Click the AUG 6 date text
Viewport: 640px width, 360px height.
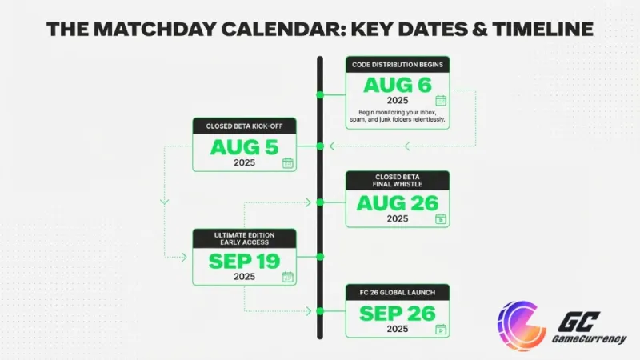397,86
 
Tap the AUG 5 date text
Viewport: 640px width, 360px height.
244,147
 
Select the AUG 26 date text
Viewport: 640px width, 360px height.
397,203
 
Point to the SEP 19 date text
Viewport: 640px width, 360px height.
244,261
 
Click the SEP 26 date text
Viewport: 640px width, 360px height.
397,314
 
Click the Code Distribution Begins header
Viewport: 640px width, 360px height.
397,63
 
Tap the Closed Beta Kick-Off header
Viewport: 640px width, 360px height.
244,126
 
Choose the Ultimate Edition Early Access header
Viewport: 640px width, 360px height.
244,238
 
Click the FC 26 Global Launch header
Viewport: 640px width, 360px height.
397,292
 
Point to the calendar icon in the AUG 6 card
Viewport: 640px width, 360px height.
440,101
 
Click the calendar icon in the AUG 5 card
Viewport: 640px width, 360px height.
287,163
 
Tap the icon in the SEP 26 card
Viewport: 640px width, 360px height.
440,329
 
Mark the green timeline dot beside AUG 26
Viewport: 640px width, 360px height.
320,202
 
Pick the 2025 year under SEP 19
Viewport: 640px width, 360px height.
244,277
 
